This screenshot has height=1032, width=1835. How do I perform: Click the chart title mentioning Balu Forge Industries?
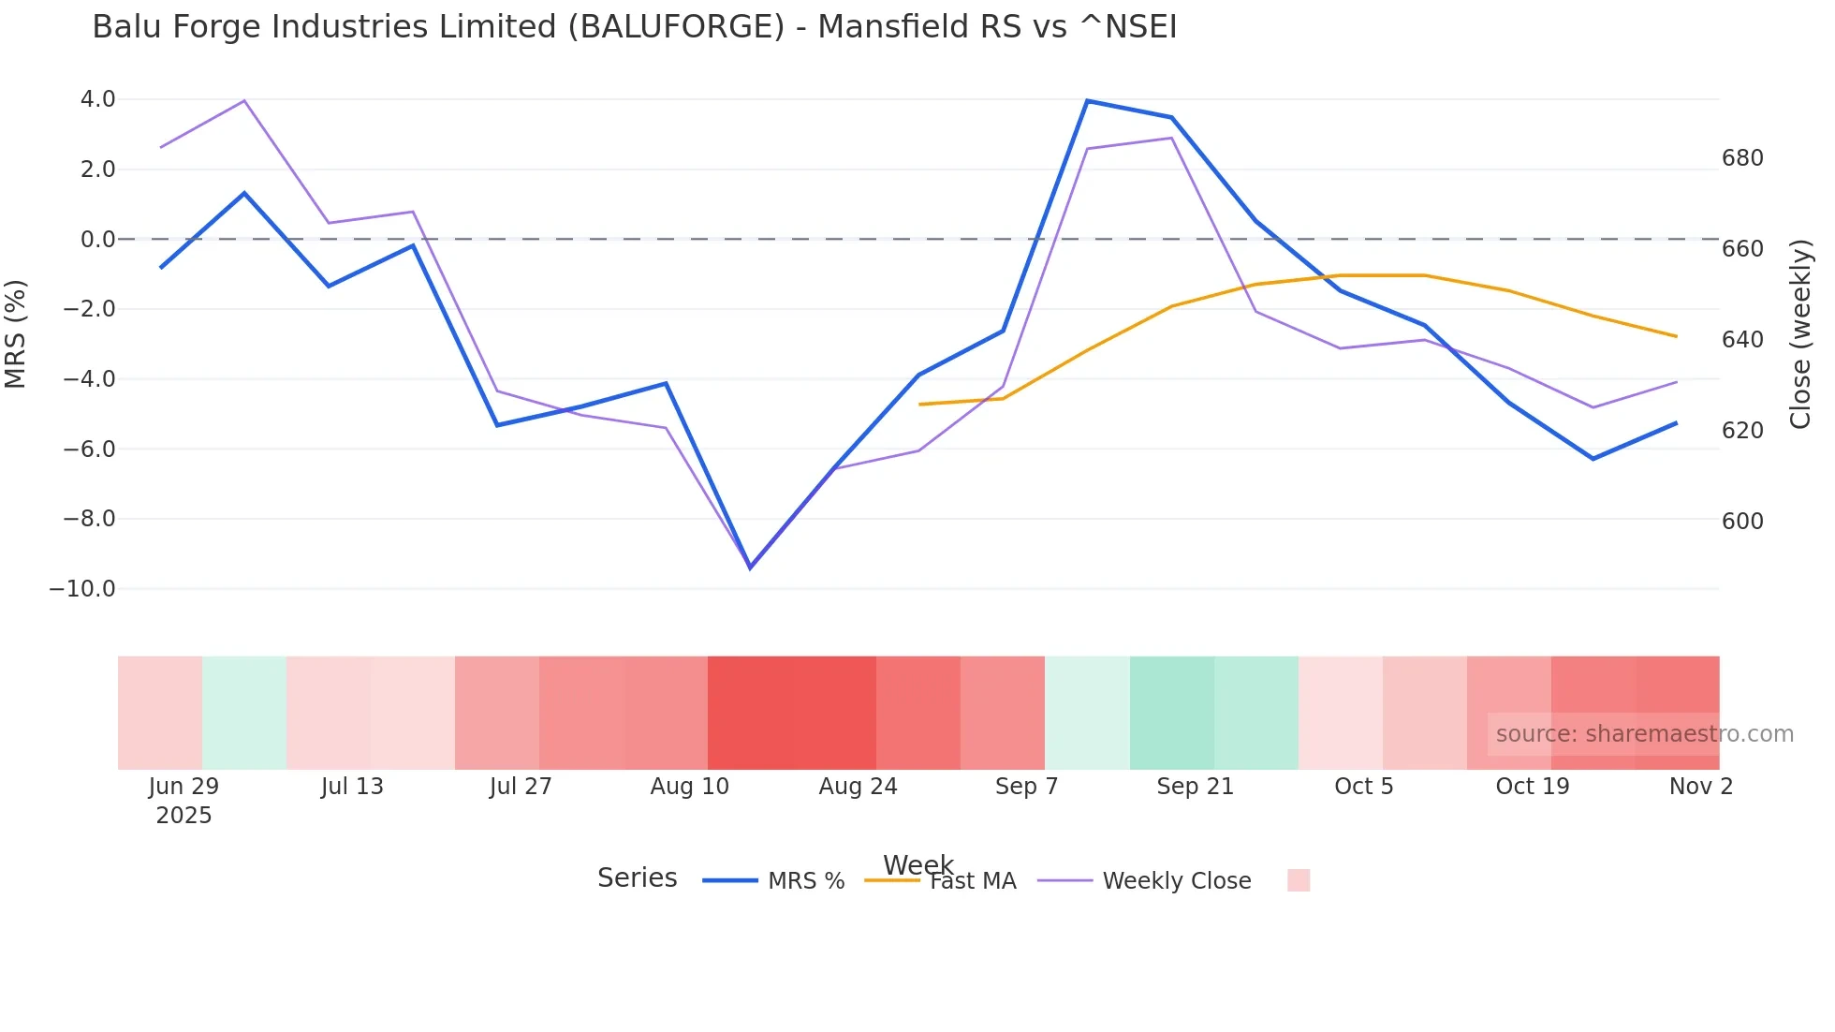tap(634, 27)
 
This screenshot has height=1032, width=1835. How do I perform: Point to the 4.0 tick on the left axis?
tap(97, 99)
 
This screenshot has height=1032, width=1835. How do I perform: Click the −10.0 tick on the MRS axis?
tap(82, 589)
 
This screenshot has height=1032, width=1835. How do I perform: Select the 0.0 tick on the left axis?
tap(97, 240)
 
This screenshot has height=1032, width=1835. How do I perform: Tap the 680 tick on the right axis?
tap(1742, 158)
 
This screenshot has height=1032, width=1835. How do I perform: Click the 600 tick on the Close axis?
tap(1742, 522)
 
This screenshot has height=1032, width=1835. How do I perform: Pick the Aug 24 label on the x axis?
tap(858, 787)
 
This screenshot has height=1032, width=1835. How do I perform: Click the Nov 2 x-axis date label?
tap(1700, 787)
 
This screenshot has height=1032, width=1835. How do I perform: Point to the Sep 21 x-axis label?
tap(1195, 787)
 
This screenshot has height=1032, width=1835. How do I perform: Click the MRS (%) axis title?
tap(16, 334)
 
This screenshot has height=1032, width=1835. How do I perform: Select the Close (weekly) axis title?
tap(1799, 334)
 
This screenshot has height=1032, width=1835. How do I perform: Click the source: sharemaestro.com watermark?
tap(1644, 734)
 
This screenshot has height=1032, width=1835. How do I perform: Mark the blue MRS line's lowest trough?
tap(750, 568)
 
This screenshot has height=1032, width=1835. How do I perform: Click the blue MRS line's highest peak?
tap(1087, 101)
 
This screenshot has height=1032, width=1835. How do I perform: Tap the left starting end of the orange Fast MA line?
tap(920, 405)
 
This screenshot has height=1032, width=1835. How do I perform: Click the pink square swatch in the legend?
tap(1299, 880)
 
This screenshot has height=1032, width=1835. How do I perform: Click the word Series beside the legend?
tap(637, 878)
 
